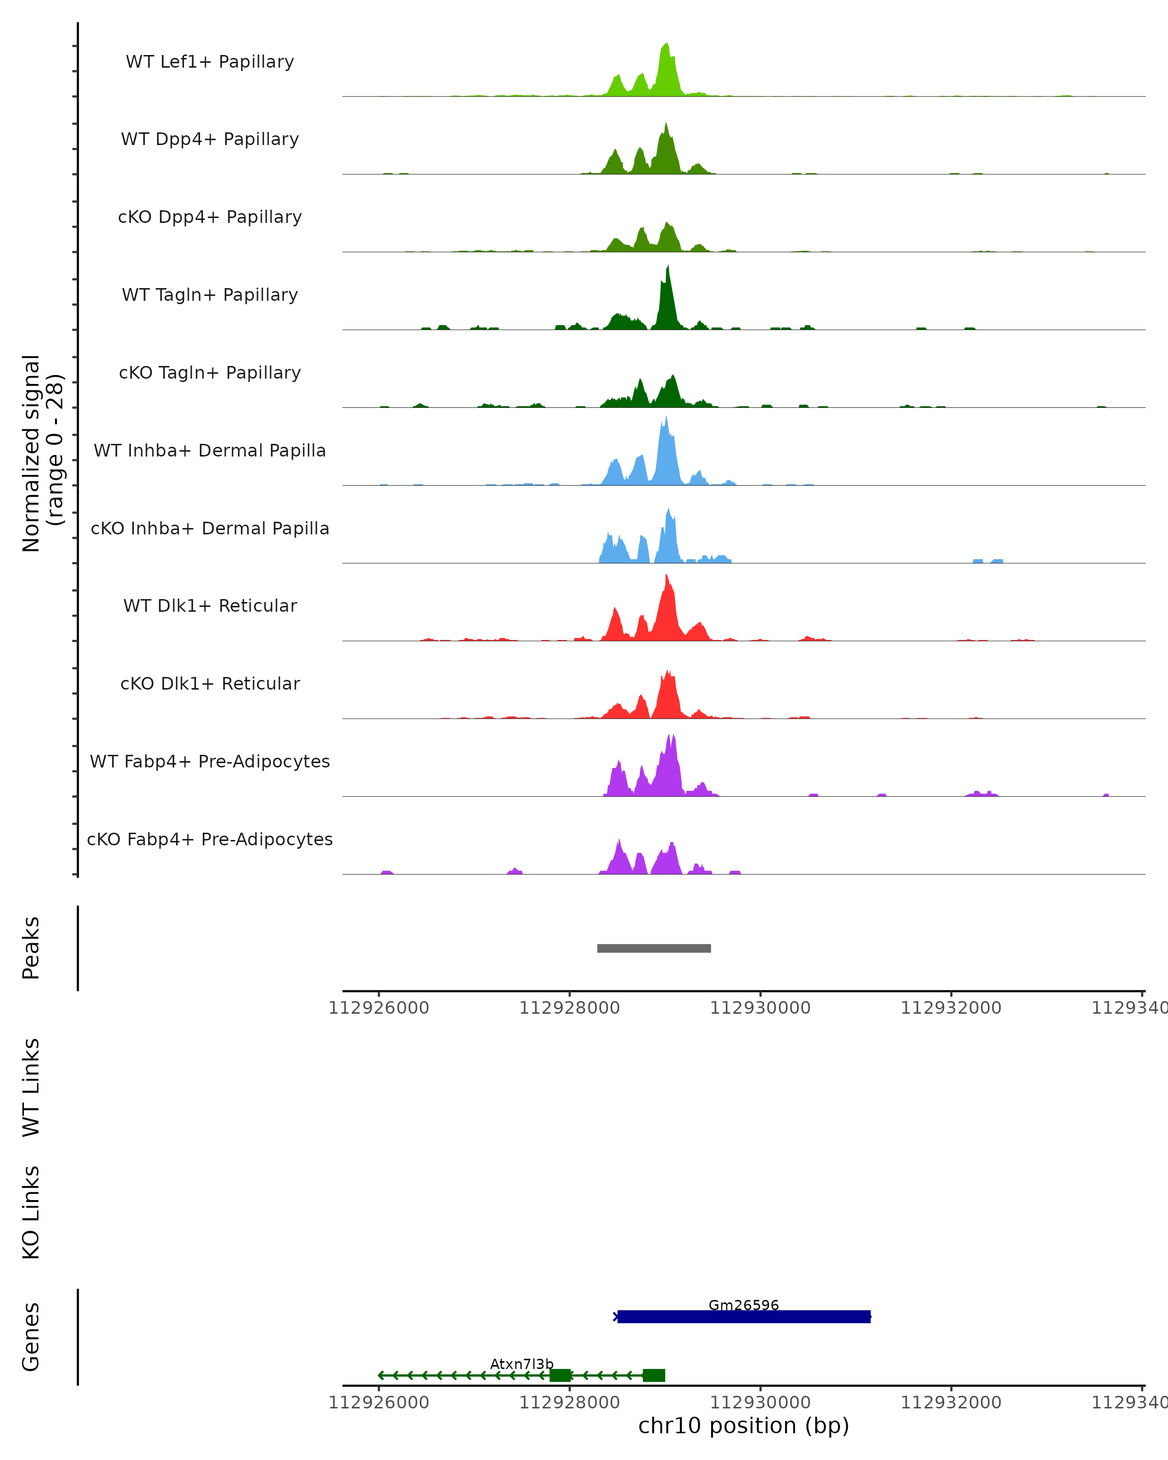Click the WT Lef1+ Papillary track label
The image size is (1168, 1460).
[210, 62]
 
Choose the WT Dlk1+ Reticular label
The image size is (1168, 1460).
[210, 605]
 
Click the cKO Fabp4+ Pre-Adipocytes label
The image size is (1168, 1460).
[210, 839]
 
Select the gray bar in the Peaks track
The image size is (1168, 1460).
[654, 948]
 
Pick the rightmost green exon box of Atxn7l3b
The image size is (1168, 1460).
[654, 1375]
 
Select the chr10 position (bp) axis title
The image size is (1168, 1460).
[744, 1426]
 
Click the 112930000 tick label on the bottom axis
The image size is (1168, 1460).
[760, 1403]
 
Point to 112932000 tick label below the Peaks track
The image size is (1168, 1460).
[950, 1008]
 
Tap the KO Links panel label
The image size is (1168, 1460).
[31, 1213]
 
